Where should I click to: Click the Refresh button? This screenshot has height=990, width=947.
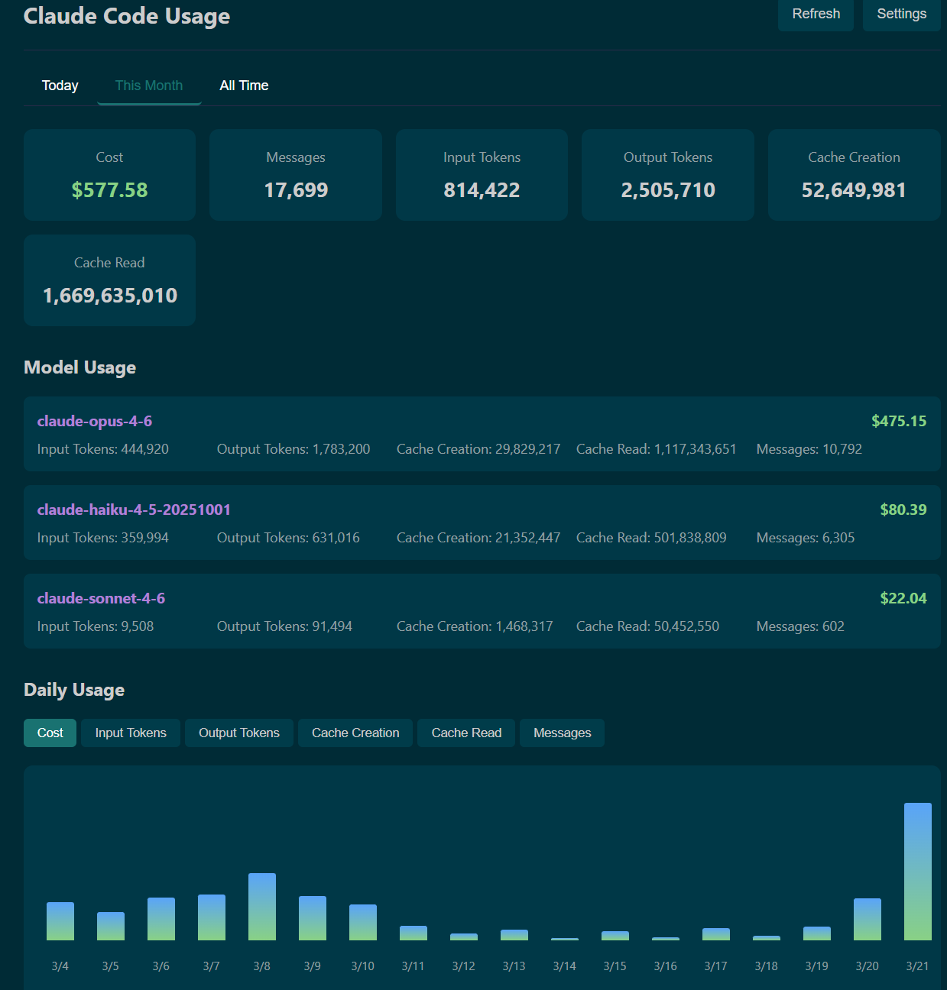[816, 14]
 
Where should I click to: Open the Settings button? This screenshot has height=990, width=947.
[901, 14]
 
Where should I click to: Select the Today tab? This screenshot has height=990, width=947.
[60, 86]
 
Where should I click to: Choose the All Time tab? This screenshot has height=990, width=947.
[244, 86]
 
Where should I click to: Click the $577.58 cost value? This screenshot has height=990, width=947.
[109, 190]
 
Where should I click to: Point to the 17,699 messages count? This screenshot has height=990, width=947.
[296, 190]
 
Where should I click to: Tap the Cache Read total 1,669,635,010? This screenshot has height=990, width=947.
[110, 296]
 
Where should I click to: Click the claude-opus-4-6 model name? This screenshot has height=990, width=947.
[95, 421]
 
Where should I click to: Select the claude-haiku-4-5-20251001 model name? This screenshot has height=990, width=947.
[134, 510]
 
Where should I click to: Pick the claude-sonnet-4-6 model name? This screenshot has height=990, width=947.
[101, 598]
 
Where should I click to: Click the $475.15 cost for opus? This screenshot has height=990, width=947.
[899, 421]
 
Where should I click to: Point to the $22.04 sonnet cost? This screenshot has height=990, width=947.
[903, 598]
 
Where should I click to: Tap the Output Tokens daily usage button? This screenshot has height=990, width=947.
[239, 733]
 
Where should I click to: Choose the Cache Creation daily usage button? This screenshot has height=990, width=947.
[355, 733]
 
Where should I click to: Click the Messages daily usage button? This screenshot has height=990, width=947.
[562, 733]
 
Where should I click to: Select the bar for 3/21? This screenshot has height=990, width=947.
[917, 871]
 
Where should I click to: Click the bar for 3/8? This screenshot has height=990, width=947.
[262, 907]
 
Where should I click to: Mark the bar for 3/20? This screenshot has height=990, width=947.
[868, 919]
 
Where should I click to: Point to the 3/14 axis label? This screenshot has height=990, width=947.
[565, 966]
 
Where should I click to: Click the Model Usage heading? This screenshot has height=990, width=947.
[80, 367]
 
